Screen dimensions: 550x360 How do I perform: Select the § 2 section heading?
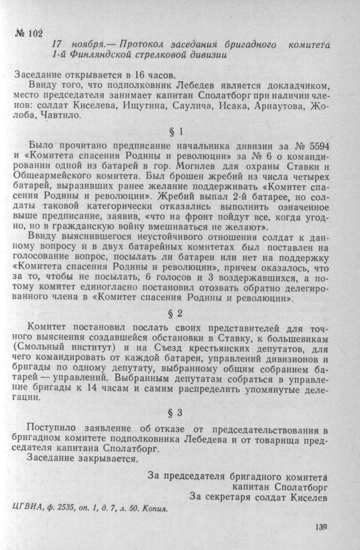tap(180, 315)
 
